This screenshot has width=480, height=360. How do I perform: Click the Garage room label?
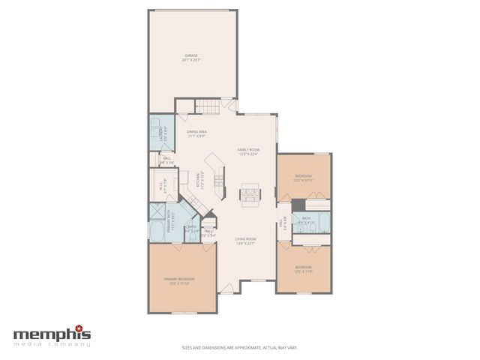pyautogui.click(x=191, y=55)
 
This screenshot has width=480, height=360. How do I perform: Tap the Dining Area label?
pyautogui.click(x=196, y=132)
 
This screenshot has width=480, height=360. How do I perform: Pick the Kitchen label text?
pyautogui.click(x=198, y=180)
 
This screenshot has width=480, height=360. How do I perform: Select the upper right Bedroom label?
pyautogui.click(x=304, y=176)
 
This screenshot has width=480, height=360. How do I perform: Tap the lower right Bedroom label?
pyautogui.click(x=303, y=267)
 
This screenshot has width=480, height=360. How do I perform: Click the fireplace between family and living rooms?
pyautogui.click(x=250, y=194)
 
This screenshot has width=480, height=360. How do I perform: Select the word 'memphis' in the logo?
pyautogui.click(x=51, y=334)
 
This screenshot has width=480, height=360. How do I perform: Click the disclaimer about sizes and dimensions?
pyautogui.click(x=240, y=347)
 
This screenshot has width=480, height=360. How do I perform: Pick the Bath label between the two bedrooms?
pyautogui.click(x=306, y=219)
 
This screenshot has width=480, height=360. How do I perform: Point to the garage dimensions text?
pyautogui.click(x=191, y=59)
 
